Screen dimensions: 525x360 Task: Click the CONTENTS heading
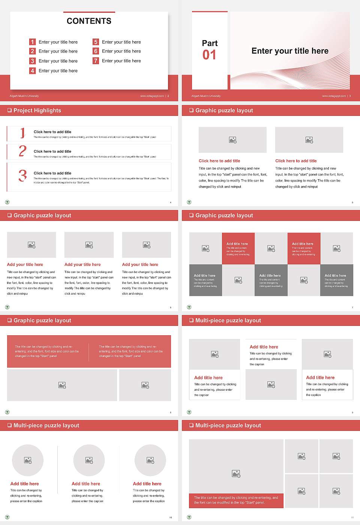89,21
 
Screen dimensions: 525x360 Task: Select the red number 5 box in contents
96,42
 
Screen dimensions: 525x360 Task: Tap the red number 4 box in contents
33,70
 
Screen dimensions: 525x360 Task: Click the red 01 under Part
209,55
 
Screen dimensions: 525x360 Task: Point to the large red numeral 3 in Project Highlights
23,175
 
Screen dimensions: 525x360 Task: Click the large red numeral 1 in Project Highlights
22,133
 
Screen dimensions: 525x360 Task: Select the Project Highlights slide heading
37,110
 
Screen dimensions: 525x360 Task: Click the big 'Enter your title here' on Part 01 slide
290,51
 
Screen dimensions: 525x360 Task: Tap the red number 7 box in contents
96,61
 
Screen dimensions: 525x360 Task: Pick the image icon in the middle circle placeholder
89,460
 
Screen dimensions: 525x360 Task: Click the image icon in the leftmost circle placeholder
28,460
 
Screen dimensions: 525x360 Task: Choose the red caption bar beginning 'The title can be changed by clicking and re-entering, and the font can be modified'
236,500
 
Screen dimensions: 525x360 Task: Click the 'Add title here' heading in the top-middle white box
264,347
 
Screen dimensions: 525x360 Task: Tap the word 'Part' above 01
210,43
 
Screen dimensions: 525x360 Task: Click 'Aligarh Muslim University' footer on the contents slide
24,96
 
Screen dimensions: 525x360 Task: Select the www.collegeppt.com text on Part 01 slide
334,96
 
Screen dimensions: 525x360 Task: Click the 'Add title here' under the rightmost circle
147,484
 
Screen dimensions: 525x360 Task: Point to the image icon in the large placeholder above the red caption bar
236,474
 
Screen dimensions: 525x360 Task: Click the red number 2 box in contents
33,51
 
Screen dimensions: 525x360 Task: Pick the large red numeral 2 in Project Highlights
22,151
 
